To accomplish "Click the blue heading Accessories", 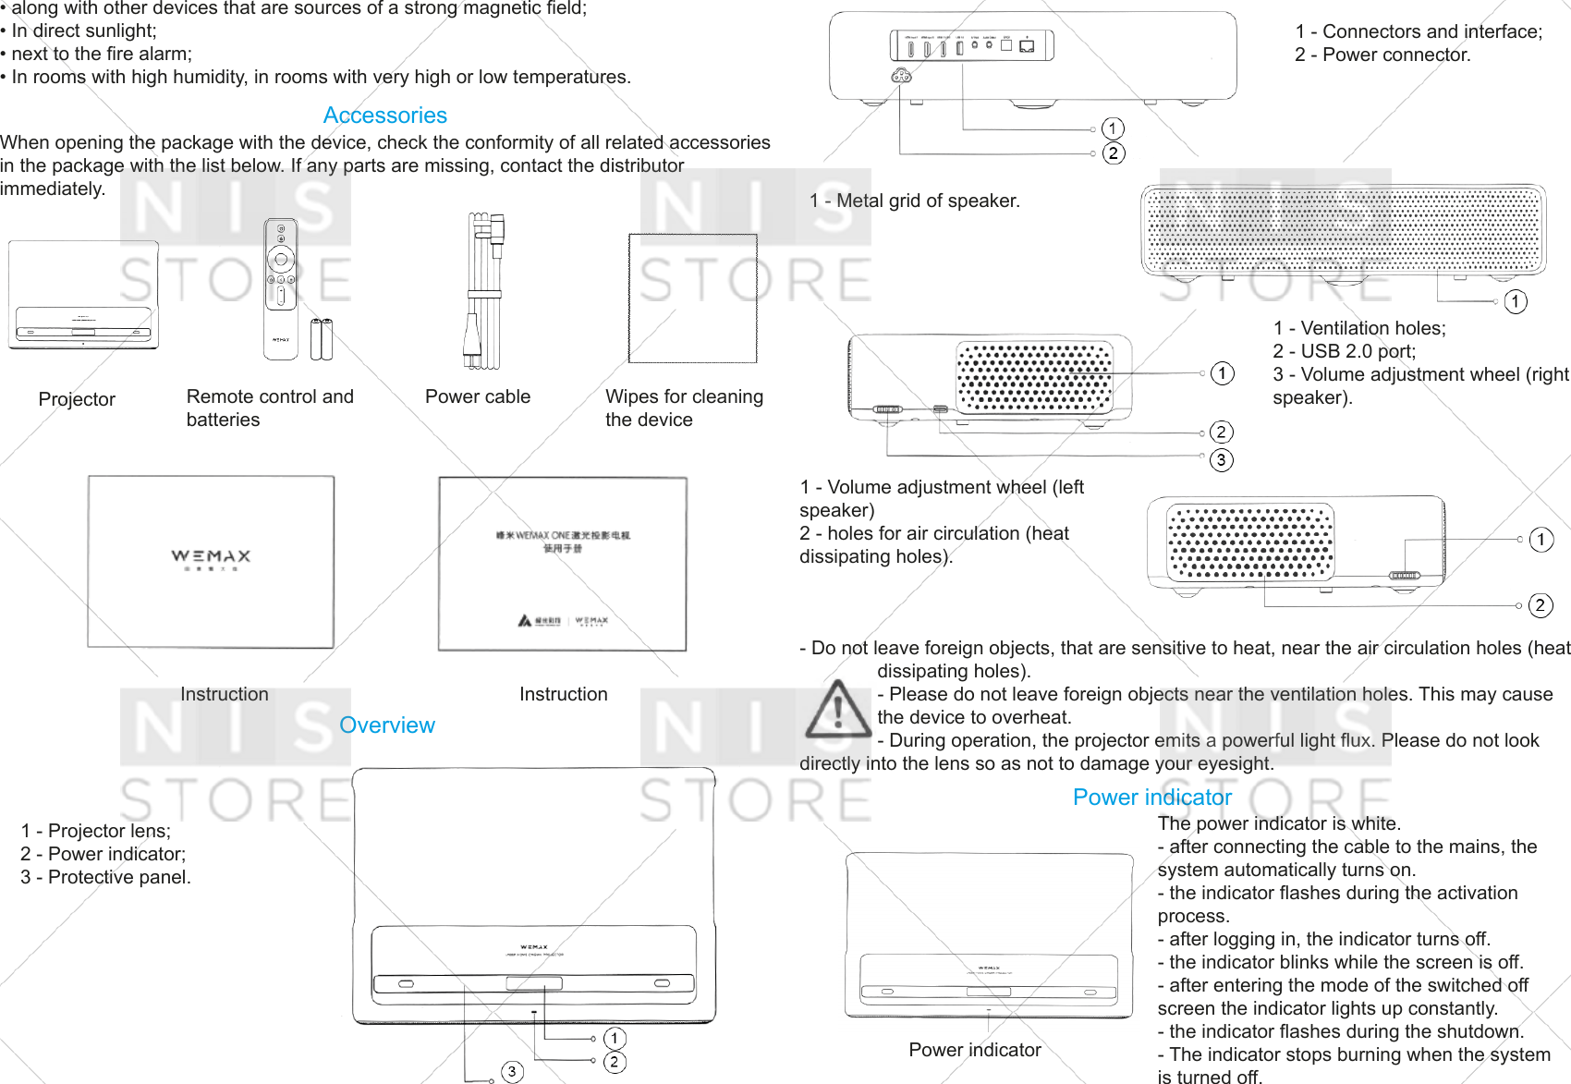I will pos(384,116).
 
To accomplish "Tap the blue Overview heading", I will pos(386,725).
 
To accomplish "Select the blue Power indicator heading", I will pos(1151,798).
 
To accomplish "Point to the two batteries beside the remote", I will pos(321,339).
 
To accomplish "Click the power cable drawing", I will pos(484,290).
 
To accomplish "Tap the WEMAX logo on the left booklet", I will pos(211,556).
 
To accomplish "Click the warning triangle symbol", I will pos(837,711).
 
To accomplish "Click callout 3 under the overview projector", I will pos(512,1071).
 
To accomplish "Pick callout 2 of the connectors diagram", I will pos(1114,153).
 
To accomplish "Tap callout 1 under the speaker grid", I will pos(1515,301).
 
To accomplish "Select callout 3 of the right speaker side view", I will pos(1221,459).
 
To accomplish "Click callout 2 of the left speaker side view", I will pos(1540,605).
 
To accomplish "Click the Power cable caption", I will pos(477,396).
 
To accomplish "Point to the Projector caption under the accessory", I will pos(77,399).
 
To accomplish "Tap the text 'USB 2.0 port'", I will pos(1358,351).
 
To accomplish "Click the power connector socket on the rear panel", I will pos(901,76).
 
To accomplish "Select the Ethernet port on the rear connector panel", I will pos(1027,46).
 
